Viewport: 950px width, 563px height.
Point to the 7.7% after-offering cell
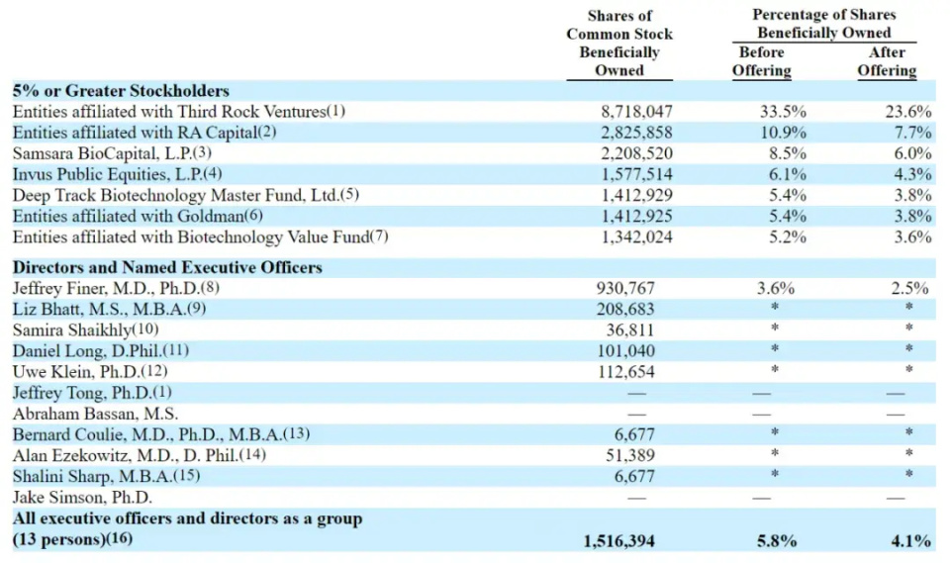point(913,133)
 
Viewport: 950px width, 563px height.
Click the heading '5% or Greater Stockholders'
point(121,91)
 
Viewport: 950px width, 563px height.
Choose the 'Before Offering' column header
point(761,61)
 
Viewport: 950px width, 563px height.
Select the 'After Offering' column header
point(887,61)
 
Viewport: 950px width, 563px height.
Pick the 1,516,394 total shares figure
point(620,540)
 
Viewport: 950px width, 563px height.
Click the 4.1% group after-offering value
point(909,540)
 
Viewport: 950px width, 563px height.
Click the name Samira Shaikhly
point(85,329)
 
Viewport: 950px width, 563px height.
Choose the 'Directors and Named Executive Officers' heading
point(167,267)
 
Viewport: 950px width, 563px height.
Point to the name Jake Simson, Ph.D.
point(82,497)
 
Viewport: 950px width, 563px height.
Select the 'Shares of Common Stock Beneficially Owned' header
point(619,44)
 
